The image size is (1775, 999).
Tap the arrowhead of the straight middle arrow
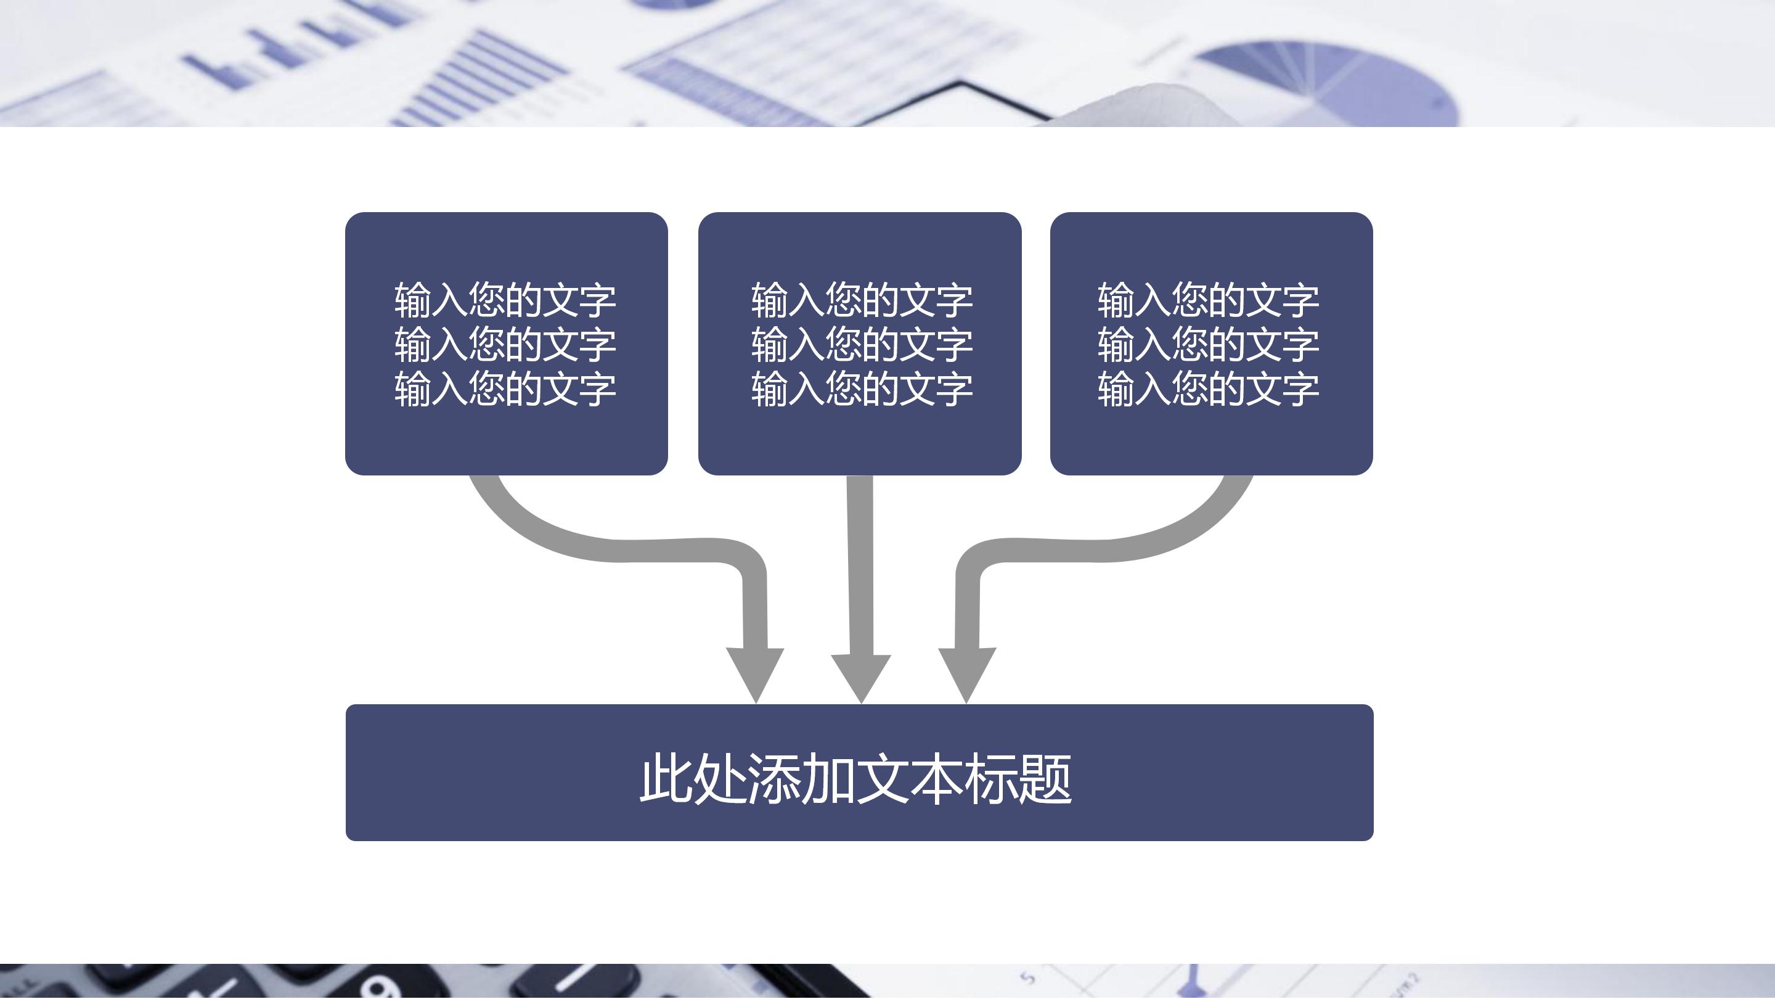point(862,676)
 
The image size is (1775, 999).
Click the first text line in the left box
point(505,300)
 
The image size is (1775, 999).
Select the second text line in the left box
point(505,345)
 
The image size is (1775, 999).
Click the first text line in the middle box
point(862,300)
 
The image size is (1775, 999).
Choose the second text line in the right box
point(1209,345)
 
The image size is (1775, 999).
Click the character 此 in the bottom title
point(665,779)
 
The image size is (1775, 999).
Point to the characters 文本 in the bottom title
point(910,779)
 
